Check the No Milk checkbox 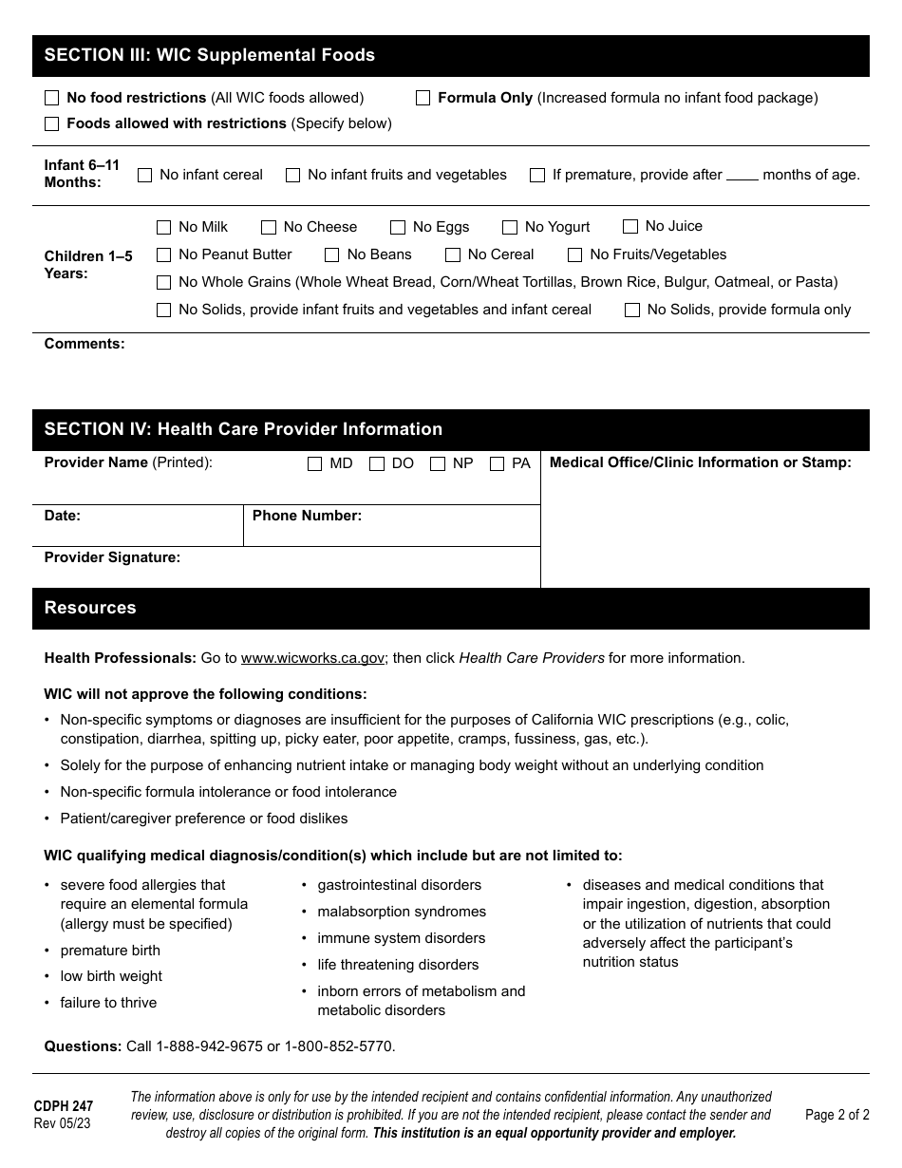(x=163, y=228)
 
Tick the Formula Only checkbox (x=423, y=98)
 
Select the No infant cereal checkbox (x=145, y=176)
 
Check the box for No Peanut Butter (x=163, y=255)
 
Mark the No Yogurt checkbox (x=510, y=228)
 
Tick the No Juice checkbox (x=630, y=227)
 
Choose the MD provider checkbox (x=315, y=464)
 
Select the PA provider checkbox (x=498, y=464)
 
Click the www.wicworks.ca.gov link (x=312, y=658)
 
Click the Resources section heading (x=90, y=608)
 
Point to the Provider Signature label (x=112, y=557)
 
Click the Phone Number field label (x=307, y=516)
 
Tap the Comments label (x=85, y=344)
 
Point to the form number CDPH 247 (x=64, y=1106)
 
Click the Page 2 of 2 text (x=836, y=1115)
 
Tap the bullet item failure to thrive (x=108, y=1003)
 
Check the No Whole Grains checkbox (x=163, y=283)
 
